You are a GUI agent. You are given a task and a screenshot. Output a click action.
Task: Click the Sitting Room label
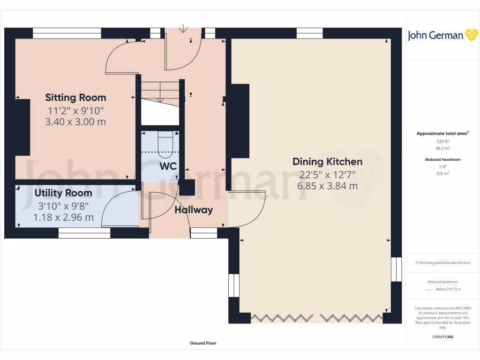point(75,97)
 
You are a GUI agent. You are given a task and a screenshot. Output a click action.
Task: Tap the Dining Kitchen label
point(327,162)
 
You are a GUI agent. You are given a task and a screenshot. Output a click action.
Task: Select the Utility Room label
point(63,193)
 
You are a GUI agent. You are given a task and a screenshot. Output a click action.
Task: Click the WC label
point(168,166)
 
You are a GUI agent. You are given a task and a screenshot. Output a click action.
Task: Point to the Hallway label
point(194,210)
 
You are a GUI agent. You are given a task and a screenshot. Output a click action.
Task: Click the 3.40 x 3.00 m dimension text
point(75,122)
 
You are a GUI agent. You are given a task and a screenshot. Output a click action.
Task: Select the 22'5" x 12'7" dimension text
point(328,174)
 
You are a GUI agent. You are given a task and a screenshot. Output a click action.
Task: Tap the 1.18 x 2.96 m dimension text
point(63,217)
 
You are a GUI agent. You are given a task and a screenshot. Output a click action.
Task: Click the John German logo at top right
point(442,36)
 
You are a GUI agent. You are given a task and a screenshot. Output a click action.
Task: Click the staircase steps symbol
point(160,91)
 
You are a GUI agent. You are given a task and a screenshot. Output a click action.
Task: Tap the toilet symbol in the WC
point(166,142)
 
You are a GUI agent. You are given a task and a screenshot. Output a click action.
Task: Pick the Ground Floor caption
point(203,343)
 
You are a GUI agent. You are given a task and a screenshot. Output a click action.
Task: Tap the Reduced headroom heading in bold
point(442,159)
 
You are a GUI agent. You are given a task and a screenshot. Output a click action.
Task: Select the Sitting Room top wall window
point(67,33)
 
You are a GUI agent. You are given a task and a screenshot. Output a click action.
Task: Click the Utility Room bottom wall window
point(84,233)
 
